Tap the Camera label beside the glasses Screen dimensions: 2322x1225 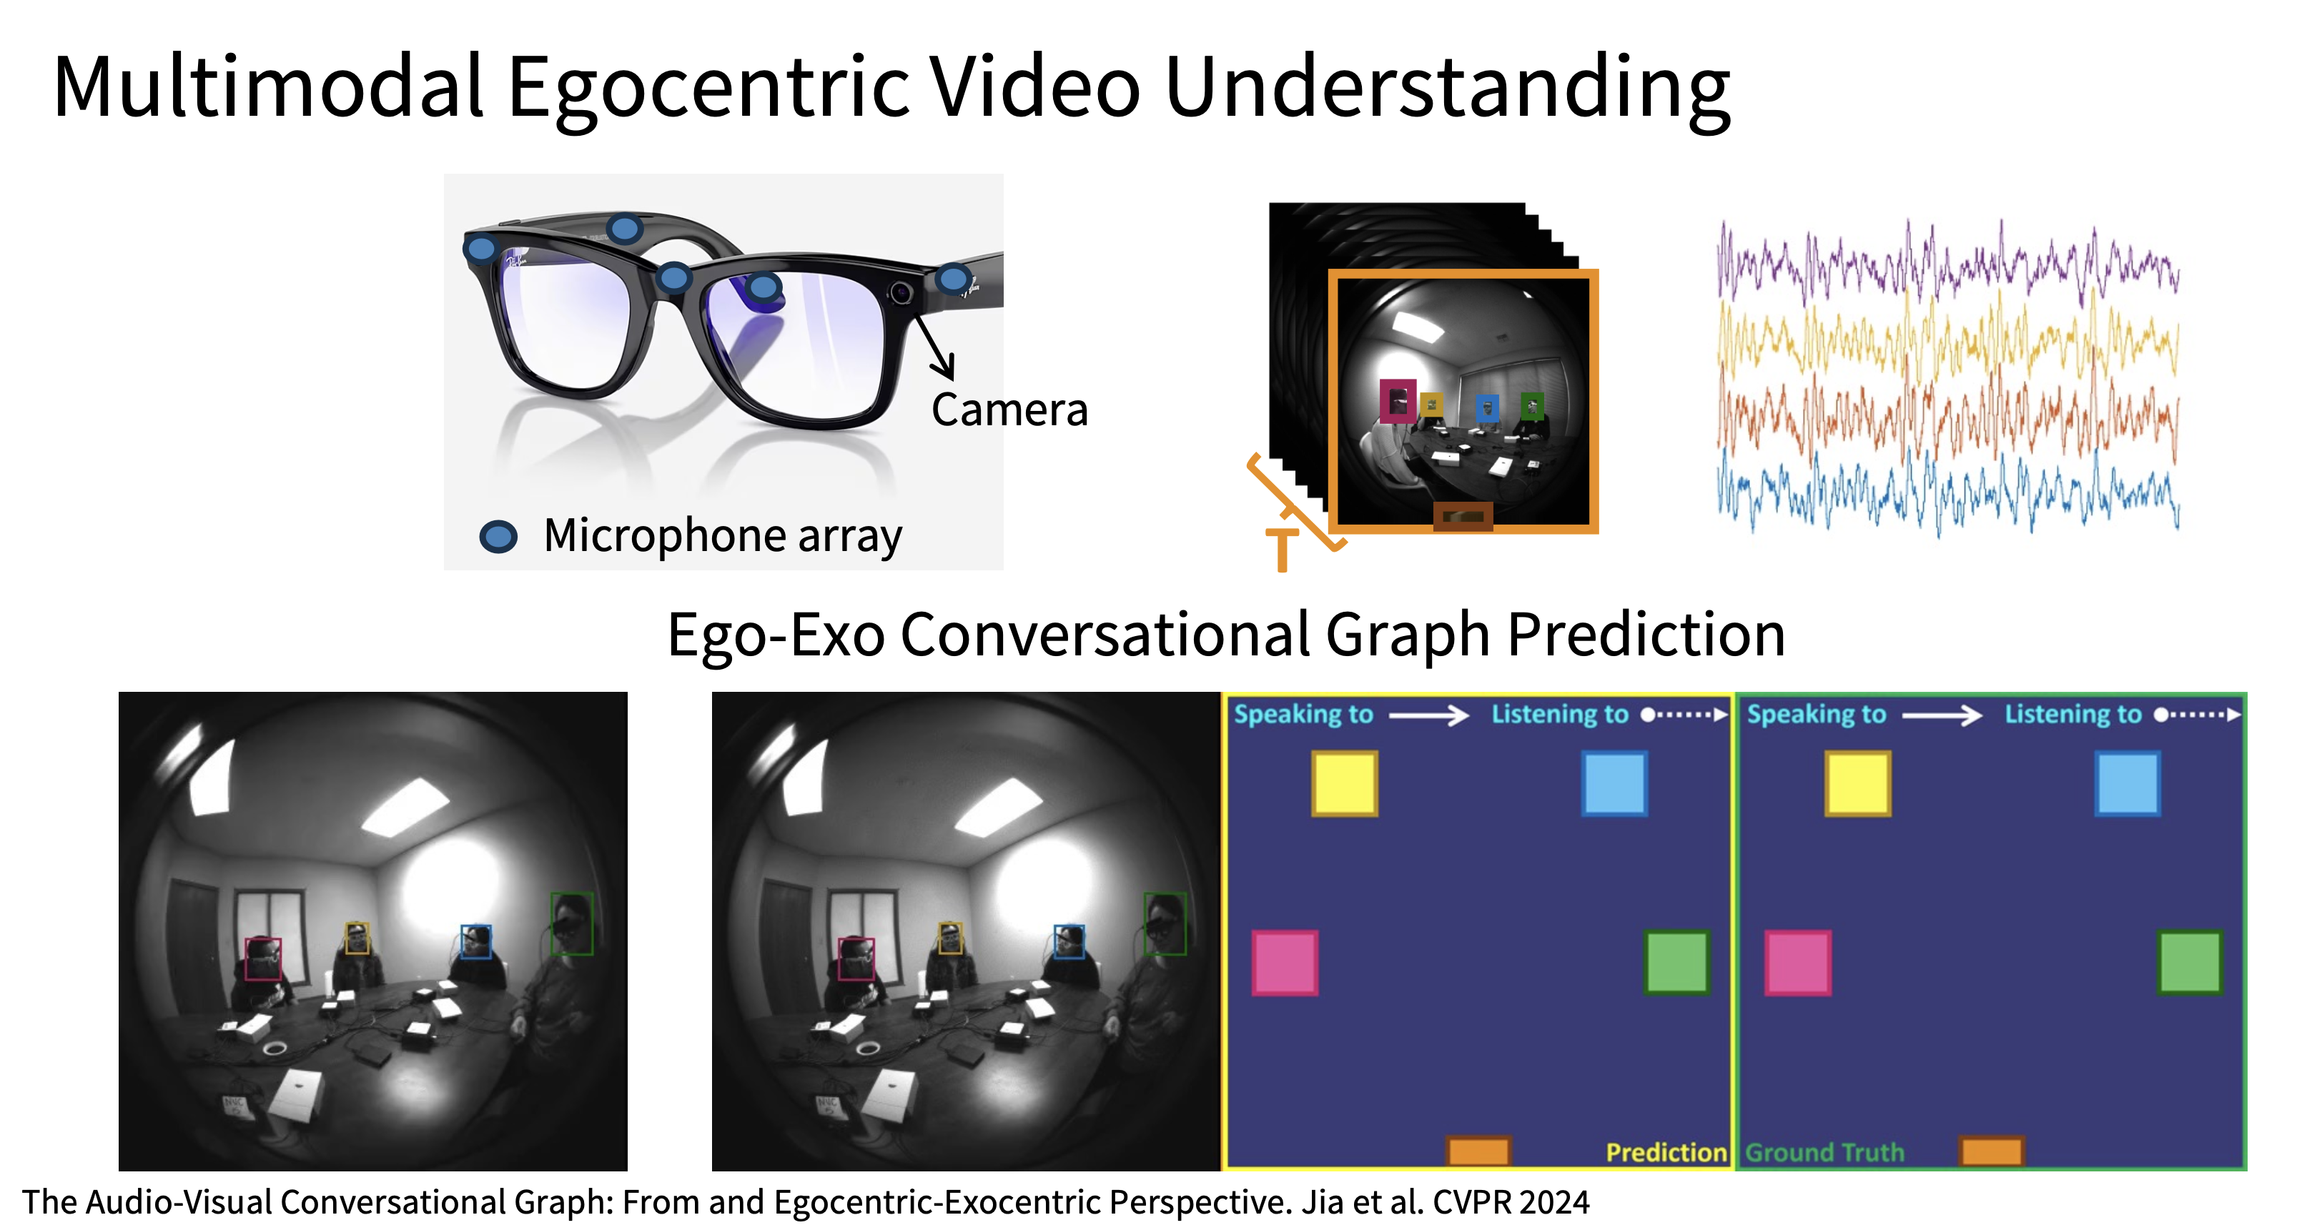(x=1009, y=410)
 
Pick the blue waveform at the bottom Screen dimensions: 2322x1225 (x=1947, y=491)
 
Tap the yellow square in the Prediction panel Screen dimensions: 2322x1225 (x=1344, y=784)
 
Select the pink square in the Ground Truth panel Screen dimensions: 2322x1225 (x=1797, y=963)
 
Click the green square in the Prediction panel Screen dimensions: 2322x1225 (x=1676, y=962)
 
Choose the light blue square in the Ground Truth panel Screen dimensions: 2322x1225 (x=2128, y=784)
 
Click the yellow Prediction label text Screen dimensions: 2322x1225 (x=1666, y=1152)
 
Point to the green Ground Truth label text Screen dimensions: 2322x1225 (x=1824, y=1152)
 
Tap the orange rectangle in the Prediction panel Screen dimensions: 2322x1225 (x=1478, y=1151)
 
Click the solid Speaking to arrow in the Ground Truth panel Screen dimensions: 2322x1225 (x=1942, y=715)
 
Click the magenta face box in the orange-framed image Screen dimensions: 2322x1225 (x=1398, y=401)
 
